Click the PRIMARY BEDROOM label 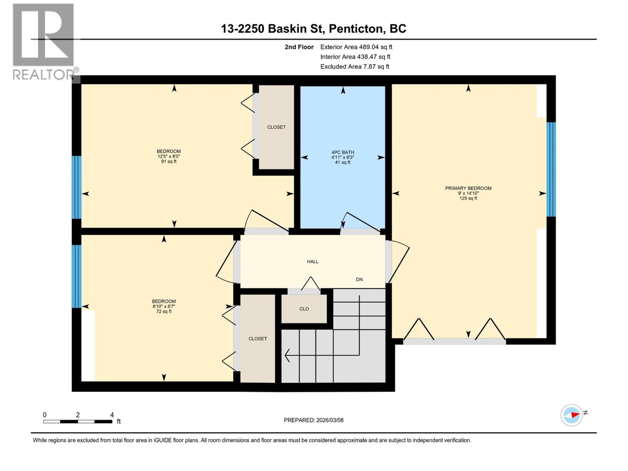(x=468, y=188)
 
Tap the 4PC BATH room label (x=343, y=152)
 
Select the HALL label (x=312, y=261)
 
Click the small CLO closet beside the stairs (x=304, y=309)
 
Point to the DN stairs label (x=359, y=279)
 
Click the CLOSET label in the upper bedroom (x=276, y=127)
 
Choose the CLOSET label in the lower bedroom (x=257, y=338)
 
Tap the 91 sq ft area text (x=169, y=161)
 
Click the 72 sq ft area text (x=164, y=312)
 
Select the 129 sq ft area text (x=468, y=199)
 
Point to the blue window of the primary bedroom (x=551, y=169)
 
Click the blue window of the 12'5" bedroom (x=77, y=187)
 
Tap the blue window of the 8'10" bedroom (x=77, y=276)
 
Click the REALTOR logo (x=44, y=42)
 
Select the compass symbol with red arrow (x=571, y=415)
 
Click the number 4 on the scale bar (x=112, y=415)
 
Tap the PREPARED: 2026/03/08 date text (x=313, y=420)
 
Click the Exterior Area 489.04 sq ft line (x=356, y=47)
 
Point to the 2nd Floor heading (x=299, y=47)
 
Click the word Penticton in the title (x=355, y=29)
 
